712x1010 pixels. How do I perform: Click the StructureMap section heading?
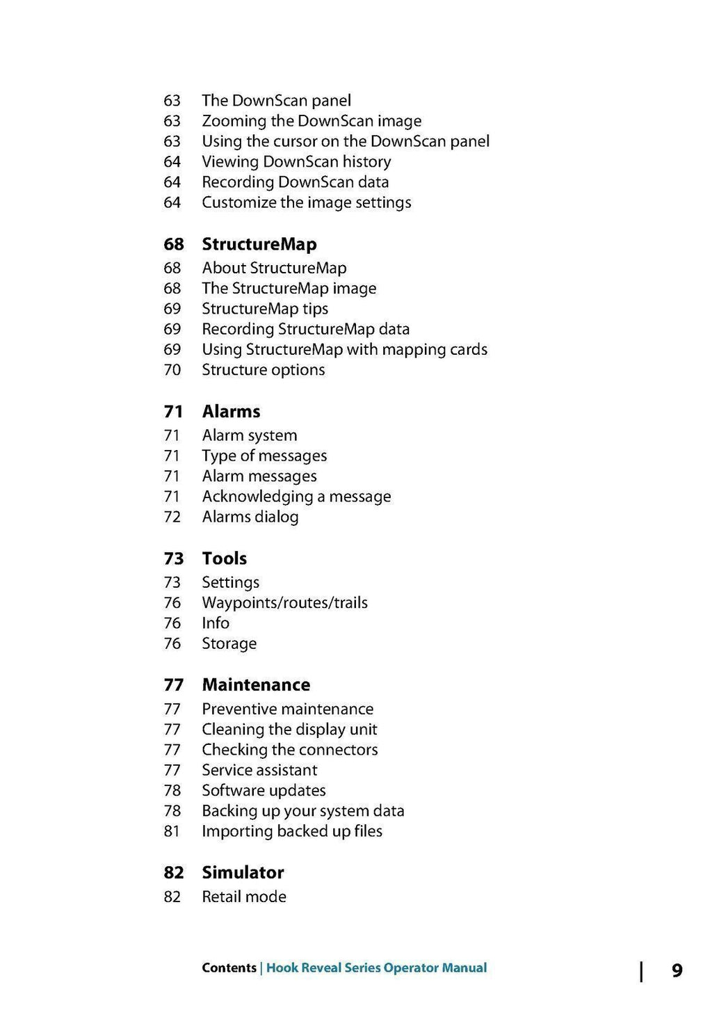coord(259,244)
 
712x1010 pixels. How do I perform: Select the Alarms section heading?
coord(231,412)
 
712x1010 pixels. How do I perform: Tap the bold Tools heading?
coord(224,559)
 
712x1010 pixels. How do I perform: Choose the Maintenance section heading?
coord(256,685)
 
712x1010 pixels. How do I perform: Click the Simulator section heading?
coord(243,873)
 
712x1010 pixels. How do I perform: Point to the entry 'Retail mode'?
coord(243,897)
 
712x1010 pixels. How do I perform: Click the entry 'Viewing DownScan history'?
coord(296,162)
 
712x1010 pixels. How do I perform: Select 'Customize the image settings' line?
coord(306,202)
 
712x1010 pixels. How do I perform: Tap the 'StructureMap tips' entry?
coord(265,309)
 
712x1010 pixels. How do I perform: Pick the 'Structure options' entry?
coord(263,370)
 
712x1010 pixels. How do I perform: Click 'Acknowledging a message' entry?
coord(296,497)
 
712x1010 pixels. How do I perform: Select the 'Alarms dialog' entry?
coord(250,517)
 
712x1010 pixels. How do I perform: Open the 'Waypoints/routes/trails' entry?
coord(284,603)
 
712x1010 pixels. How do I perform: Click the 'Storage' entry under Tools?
coord(229,643)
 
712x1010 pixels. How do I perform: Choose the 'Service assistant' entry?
coord(259,770)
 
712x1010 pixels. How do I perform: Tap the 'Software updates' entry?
coord(264,791)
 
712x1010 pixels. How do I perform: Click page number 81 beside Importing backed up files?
coord(172,831)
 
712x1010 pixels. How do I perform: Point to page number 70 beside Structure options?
coord(172,370)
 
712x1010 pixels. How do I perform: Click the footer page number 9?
coord(677,970)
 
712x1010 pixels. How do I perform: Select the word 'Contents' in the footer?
coord(229,968)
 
